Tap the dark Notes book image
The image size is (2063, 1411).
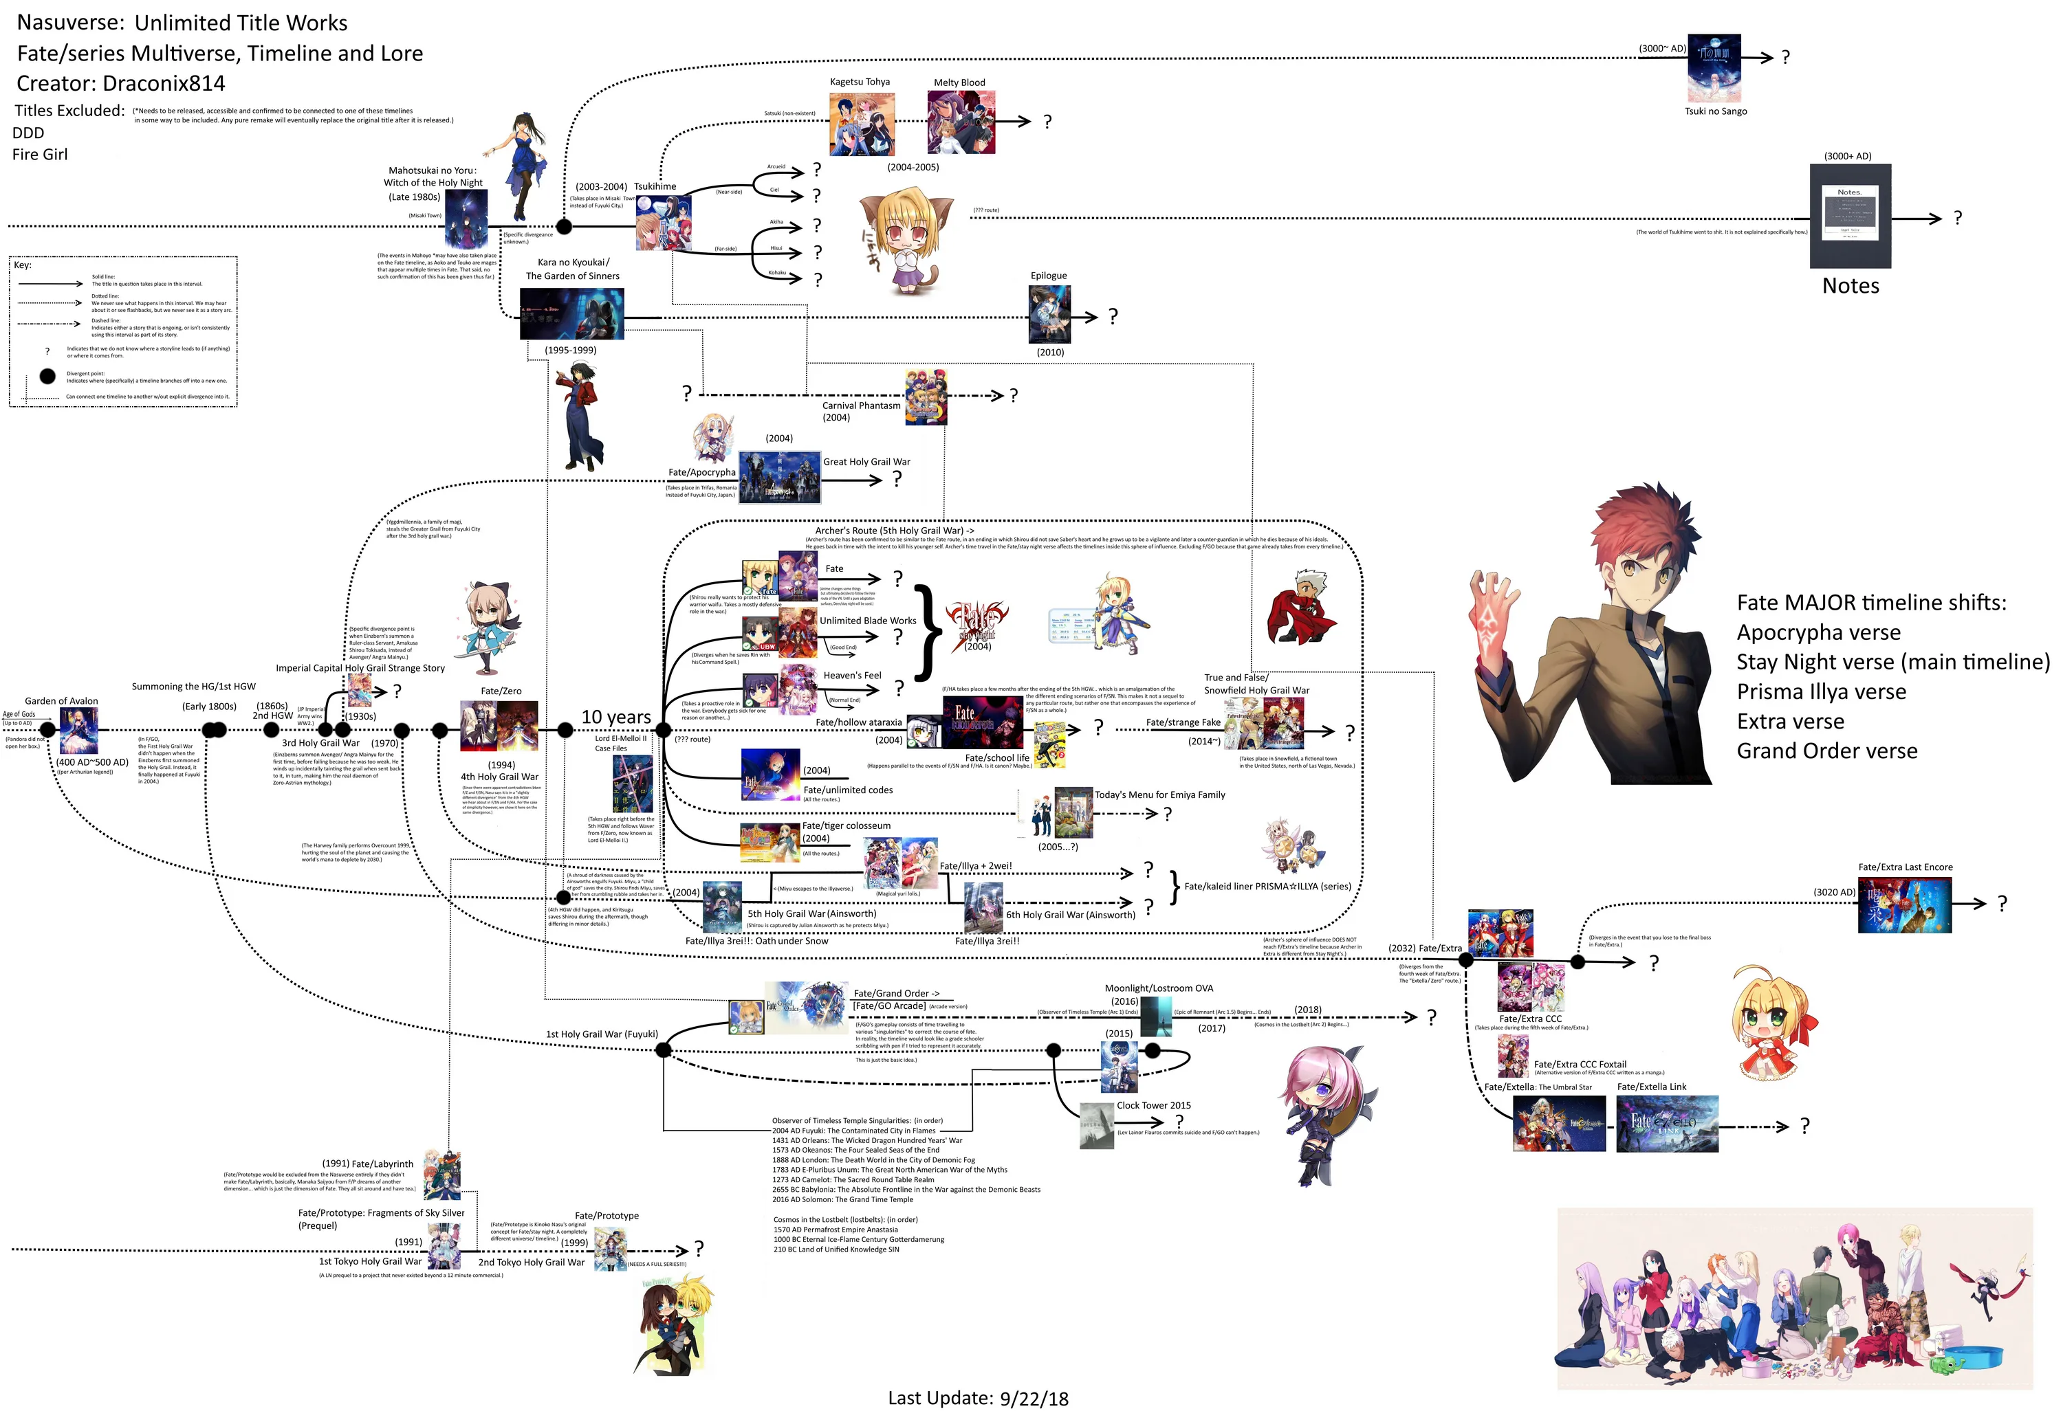coord(1850,216)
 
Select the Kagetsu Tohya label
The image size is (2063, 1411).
coord(860,82)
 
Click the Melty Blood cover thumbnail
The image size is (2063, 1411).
coord(961,122)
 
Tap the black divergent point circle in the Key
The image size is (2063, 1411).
coord(47,376)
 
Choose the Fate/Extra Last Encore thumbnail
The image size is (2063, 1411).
coord(1904,905)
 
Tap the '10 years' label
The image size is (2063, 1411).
coord(615,716)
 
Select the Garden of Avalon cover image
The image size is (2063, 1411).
coord(78,731)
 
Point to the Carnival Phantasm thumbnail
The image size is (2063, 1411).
coord(925,397)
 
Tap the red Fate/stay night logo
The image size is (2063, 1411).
coord(976,621)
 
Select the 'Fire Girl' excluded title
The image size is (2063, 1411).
coord(40,155)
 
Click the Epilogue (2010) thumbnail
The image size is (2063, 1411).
coord(1049,314)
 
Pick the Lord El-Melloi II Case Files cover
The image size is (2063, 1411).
coord(632,784)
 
